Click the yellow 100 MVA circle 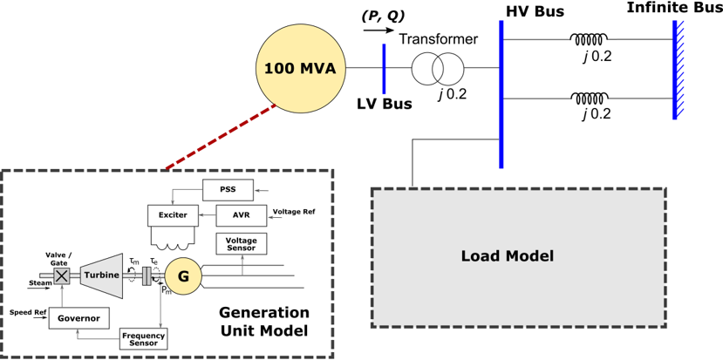(x=301, y=69)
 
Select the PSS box (x=228, y=190)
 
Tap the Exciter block (x=173, y=215)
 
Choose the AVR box (x=242, y=215)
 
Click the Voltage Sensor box (x=242, y=244)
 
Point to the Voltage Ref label (x=294, y=212)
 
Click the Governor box (x=78, y=318)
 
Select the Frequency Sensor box (x=144, y=339)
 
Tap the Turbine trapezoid (x=102, y=275)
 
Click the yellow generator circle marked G (x=183, y=276)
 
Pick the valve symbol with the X (x=62, y=276)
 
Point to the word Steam (x=40, y=283)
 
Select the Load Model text (x=507, y=256)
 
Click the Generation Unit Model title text (x=263, y=322)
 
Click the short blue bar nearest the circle (x=384, y=70)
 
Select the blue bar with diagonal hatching (x=676, y=70)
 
